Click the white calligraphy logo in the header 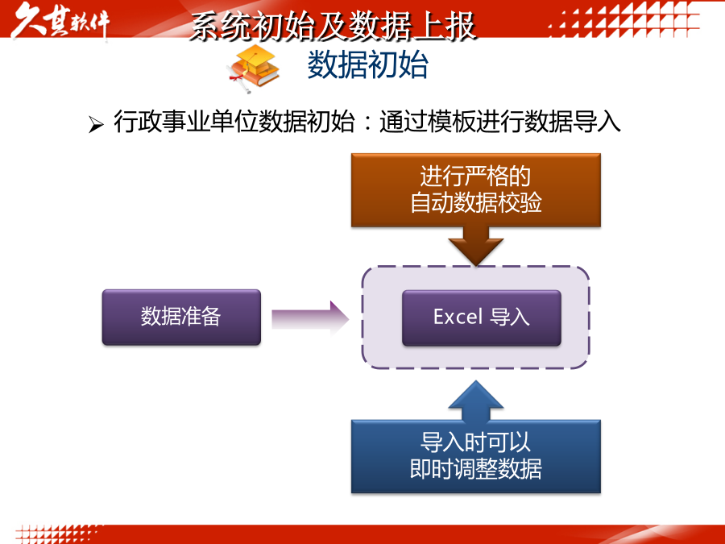click(60, 21)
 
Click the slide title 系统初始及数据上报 click(333, 26)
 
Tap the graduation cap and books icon click(254, 69)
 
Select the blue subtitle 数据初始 click(367, 64)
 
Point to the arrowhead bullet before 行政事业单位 click(96, 124)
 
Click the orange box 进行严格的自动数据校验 click(476, 190)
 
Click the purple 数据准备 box click(181, 317)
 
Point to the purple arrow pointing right click(310, 318)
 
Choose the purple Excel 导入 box click(482, 318)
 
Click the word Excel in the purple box click(458, 317)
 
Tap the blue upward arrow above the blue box click(476, 401)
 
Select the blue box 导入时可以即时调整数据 click(476, 457)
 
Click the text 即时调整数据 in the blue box click(476, 469)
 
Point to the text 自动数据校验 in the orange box click(476, 202)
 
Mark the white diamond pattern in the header click(624, 19)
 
